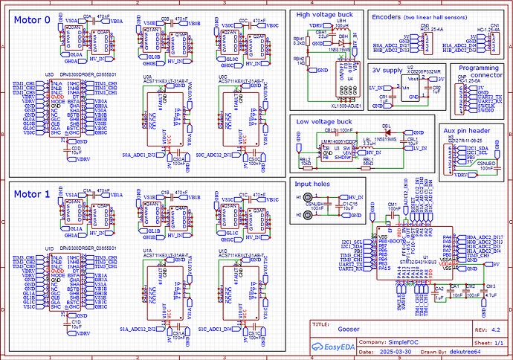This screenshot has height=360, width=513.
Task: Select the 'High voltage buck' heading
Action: pyautogui.click(x=324, y=15)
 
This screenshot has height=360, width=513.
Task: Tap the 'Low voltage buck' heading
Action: pyautogui.click(x=324, y=121)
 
